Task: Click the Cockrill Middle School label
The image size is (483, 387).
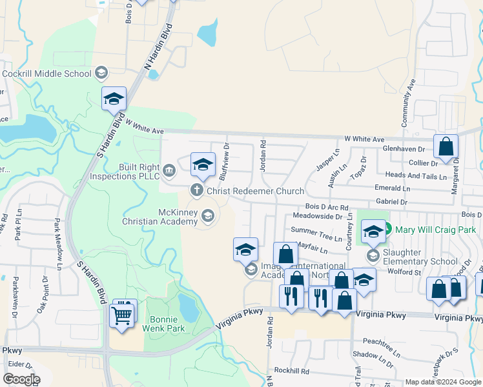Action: [46, 74]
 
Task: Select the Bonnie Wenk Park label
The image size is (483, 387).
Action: [167, 324]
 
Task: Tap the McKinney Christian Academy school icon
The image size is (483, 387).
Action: [208, 215]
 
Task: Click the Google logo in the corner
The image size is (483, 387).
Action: [21, 379]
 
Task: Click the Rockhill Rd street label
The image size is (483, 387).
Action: [291, 371]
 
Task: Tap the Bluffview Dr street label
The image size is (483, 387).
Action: [223, 161]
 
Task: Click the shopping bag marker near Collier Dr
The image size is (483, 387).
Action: [446, 148]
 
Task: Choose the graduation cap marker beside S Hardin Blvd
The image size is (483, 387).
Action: [114, 99]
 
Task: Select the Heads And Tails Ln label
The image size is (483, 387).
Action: [415, 176]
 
